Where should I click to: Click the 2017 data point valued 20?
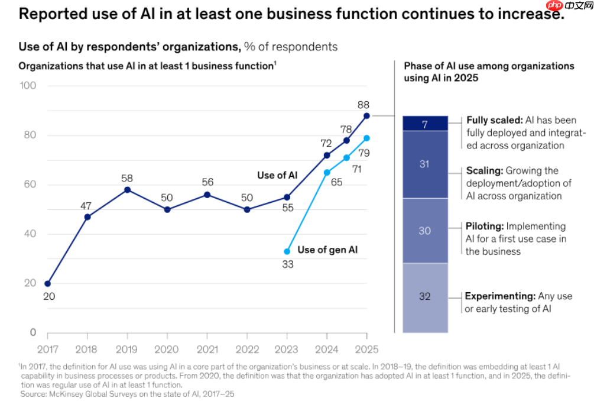(47, 283)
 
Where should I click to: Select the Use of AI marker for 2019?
(127, 190)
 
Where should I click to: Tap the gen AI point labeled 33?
(287, 251)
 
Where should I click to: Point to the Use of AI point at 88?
(366, 116)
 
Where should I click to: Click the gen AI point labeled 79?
(366, 138)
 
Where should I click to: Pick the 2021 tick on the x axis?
(207, 349)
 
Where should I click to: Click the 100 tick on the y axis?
(29, 86)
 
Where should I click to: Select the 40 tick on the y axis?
(30, 234)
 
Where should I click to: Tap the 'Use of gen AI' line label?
(327, 250)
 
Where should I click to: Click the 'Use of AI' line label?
(278, 175)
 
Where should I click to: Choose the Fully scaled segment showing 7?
(424, 124)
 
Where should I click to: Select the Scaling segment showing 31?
(424, 164)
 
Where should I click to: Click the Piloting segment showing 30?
(424, 231)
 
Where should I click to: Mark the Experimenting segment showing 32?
(424, 297)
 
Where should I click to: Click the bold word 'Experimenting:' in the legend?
(500, 296)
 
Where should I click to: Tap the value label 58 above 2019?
(127, 178)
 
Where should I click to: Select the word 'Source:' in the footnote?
(33, 393)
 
